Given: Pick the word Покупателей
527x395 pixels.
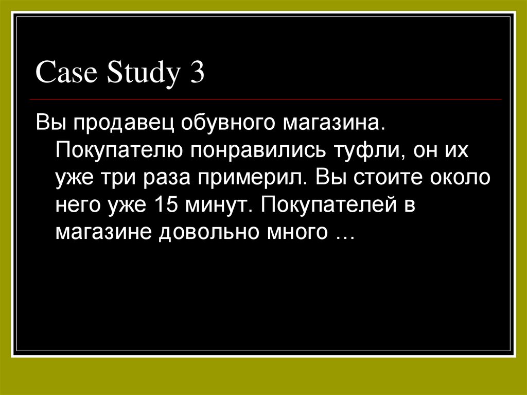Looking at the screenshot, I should (327, 205).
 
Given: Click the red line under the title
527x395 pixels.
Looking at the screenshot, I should (268, 99).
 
